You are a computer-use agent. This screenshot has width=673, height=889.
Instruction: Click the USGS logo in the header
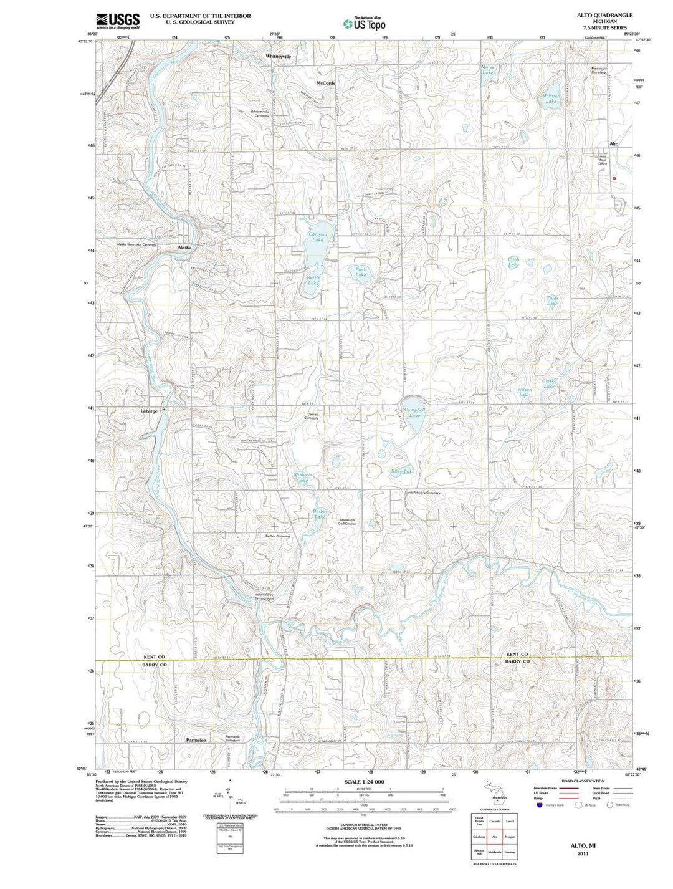(x=118, y=21)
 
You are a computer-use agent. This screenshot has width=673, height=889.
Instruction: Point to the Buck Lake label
(x=361, y=272)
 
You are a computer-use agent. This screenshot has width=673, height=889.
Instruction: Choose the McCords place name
(x=325, y=83)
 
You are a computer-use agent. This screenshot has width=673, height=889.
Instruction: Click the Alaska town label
(x=184, y=247)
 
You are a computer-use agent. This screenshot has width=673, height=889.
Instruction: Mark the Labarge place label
(x=148, y=411)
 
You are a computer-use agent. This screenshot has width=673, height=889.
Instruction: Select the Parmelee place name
(x=196, y=739)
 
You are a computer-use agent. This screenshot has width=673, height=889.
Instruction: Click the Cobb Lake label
(x=513, y=262)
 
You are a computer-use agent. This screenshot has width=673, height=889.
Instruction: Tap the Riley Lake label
(x=403, y=471)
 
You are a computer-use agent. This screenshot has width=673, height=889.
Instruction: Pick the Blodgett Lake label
(x=302, y=478)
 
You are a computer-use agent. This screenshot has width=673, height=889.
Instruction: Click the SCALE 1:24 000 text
(x=364, y=782)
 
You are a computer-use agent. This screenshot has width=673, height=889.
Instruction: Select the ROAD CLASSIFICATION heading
(x=582, y=781)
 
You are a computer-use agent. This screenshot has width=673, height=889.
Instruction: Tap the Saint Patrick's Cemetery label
(x=422, y=493)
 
